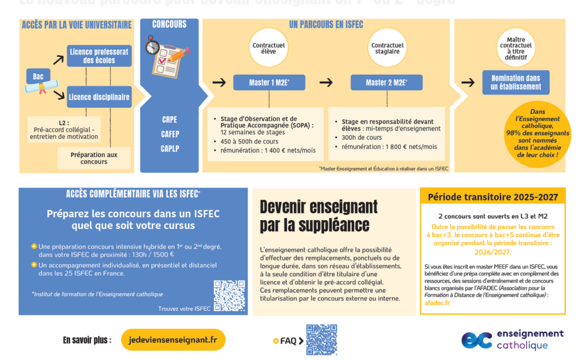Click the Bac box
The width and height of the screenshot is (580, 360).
click(39, 76)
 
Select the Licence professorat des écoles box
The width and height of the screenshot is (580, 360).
click(99, 55)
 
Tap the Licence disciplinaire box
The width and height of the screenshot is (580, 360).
click(99, 97)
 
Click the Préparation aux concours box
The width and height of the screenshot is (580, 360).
click(93, 158)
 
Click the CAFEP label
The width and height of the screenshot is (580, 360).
click(169, 134)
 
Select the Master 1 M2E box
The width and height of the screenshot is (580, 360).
click(269, 83)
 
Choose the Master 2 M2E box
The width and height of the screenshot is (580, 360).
click(386, 83)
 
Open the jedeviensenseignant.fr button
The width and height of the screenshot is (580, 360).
click(173, 340)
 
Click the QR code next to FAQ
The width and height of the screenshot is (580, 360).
click(321, 340)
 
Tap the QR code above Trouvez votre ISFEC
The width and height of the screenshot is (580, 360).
click(229, 295)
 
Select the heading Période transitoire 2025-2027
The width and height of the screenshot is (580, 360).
click(493, 198)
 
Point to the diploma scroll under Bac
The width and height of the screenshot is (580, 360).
click(40, 87)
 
